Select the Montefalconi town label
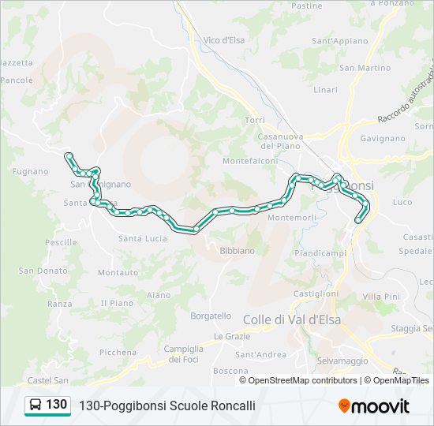click(251, 161)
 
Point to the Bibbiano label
click(238, 251)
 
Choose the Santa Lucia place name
click(142, 238)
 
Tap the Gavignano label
click(382, 137)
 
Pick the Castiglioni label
click(316, 293)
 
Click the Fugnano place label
click(31, 171)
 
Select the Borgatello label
click(211, 316)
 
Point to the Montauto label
click(118, 272)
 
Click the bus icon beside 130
click(36, 405)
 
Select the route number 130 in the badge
click(56, 405)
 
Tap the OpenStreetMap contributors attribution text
click(300, 380)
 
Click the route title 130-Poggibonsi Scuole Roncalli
click(167, 405)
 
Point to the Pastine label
click(307, 6)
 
